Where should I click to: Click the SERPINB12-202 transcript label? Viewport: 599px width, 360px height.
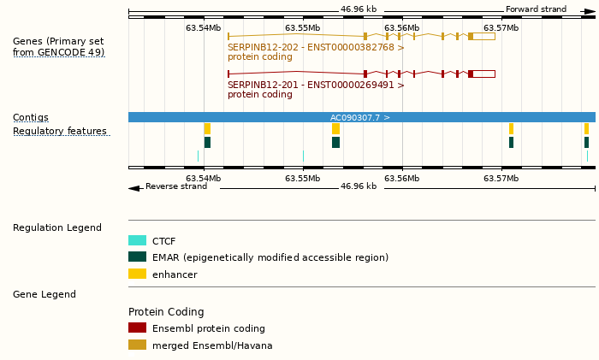316,48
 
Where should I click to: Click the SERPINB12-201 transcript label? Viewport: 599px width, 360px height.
316,86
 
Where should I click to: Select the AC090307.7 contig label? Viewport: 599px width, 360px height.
360,117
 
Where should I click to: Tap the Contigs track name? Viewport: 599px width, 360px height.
31,117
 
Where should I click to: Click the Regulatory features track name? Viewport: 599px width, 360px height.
60,131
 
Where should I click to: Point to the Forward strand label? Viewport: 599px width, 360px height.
536,9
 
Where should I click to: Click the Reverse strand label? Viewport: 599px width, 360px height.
175,186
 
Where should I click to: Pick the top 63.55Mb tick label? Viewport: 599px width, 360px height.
303,27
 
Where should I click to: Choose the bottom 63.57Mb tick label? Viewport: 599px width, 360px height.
501,178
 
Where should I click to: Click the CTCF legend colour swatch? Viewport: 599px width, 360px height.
137,241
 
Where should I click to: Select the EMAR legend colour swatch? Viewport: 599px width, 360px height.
137,257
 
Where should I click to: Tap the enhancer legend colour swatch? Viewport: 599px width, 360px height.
137,274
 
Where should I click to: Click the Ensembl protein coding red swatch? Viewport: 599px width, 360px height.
137,328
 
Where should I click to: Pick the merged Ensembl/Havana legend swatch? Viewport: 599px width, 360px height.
137,345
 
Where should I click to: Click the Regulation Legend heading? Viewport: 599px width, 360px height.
56,227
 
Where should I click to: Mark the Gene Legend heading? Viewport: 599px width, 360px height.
44,294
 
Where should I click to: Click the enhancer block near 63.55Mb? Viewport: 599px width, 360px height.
335,128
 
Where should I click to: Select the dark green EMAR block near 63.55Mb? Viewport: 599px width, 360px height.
335,142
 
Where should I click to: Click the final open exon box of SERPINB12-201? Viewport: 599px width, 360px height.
483,74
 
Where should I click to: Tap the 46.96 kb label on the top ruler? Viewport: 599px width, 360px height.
359,9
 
